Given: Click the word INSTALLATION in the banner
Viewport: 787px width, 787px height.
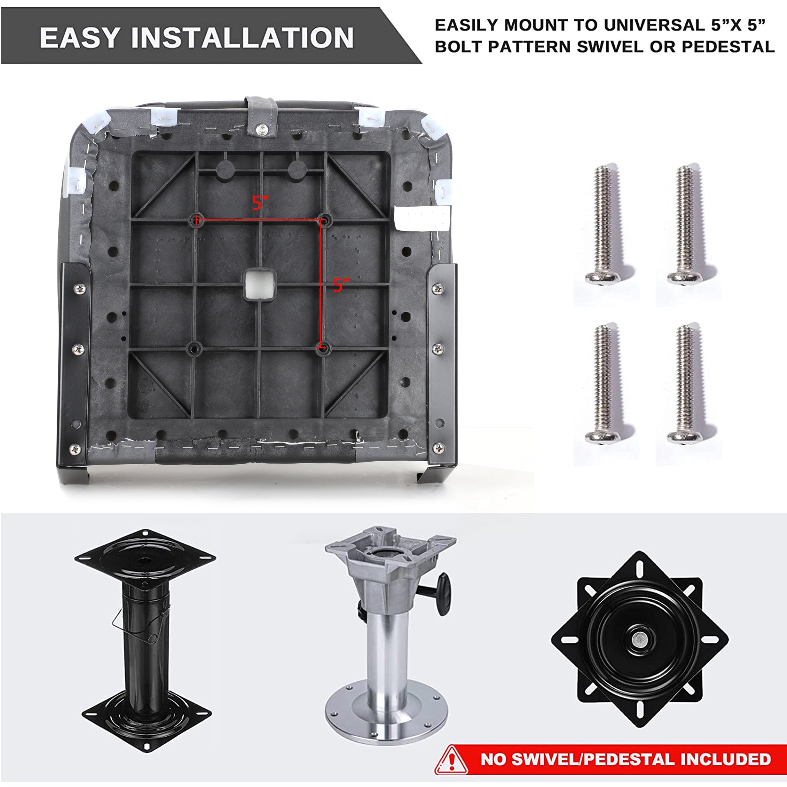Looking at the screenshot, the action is pos(242,37).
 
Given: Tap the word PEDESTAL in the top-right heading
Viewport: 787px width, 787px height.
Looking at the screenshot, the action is pos(728,46).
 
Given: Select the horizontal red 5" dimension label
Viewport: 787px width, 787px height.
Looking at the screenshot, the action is pos(260,203).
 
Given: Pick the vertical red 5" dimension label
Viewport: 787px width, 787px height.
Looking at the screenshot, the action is pos(341,285).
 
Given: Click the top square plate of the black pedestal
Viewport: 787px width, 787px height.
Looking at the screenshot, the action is pos(145,558).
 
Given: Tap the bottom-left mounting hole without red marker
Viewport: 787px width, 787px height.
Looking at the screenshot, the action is pos(194,349).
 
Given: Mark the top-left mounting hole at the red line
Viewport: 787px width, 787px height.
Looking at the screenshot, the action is pos(196,220).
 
